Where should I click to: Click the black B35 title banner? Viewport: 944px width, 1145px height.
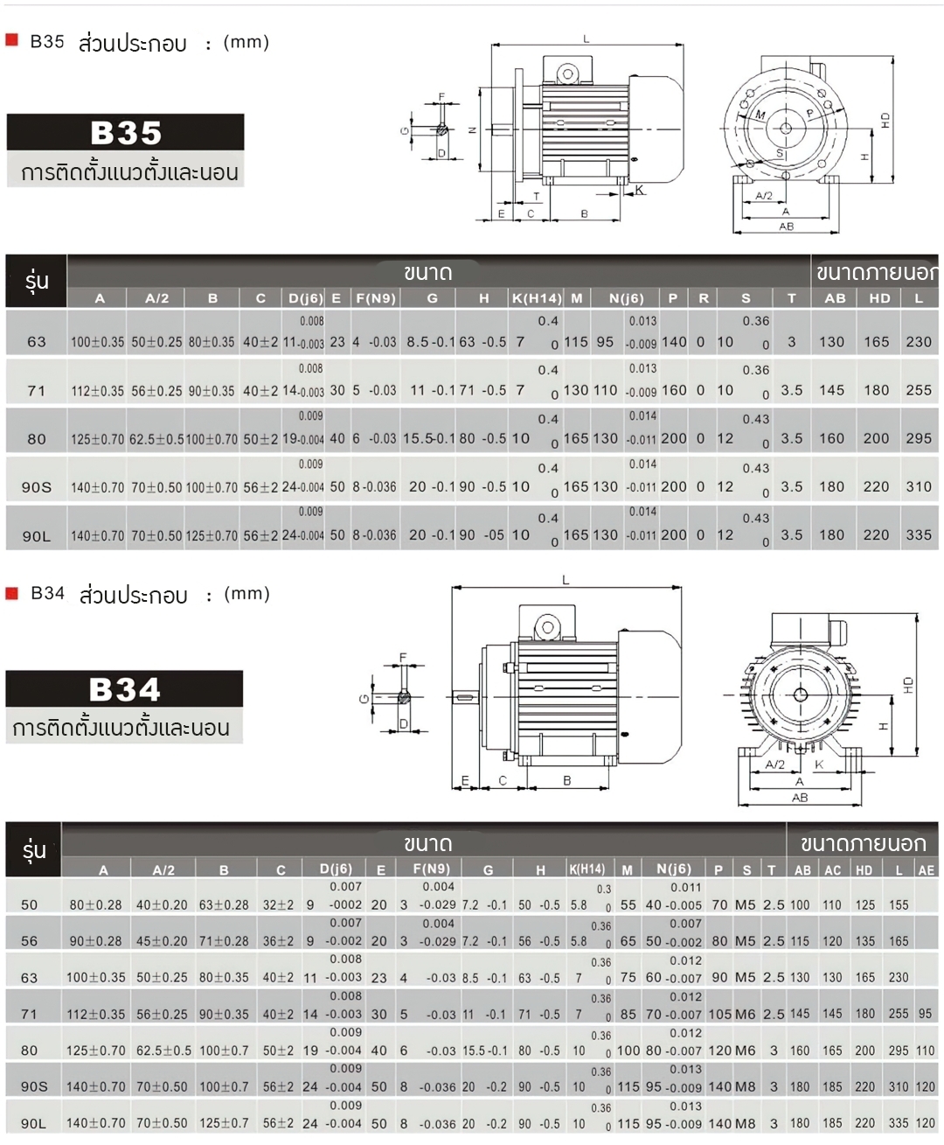pyautogui.click(x=125, y=133)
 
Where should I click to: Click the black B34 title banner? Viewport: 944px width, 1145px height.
pyautogui.click(x=124, y=689)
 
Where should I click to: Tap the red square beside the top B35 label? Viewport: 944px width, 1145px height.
pyautogui.click(x=12, y=40)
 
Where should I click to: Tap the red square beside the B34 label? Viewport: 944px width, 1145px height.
pyautogui.click(x=12, y=593)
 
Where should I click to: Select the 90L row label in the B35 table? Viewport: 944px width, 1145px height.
pyautogui.click(x=36, y=536)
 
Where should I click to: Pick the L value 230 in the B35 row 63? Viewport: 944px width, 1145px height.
pyautogui.click(x=918, y=342)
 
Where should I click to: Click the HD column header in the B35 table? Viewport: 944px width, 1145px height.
pyautogui.click(x=879, y=298)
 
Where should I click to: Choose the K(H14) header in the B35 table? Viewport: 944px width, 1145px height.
pyautogui.click(x=537, y=298)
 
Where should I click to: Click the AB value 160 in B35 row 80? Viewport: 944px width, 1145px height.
pyautogui.click(x=831, y=438)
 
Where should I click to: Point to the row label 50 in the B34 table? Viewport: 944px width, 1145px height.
pyautogui.click(x=30, y=904)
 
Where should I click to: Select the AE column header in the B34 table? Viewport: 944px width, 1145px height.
pyautogui.click(x=926, y=870)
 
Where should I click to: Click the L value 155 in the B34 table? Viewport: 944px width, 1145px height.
pyautogui.click(x=899, y=905)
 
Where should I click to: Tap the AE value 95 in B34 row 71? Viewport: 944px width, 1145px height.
pyautogui.click(x=925, y=1014)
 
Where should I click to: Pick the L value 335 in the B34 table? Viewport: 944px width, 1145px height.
pyautogui.click(x=899, y=1123)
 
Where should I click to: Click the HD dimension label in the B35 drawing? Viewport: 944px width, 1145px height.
pyautogui.click(x=885, y=120)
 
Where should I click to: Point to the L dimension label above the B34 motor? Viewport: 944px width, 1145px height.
pyautogui.click(x=566, y=580)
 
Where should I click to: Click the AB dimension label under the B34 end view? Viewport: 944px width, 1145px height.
pyautogui.click(x=800, y=798)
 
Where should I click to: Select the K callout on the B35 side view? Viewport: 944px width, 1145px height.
pyautogui.click(x=640, y=190)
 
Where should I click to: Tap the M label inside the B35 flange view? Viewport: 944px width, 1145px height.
pyautogui.click(x=760, y=115)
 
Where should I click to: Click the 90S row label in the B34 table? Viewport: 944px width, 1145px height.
pyautogui.click(x=34, y=1086)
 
